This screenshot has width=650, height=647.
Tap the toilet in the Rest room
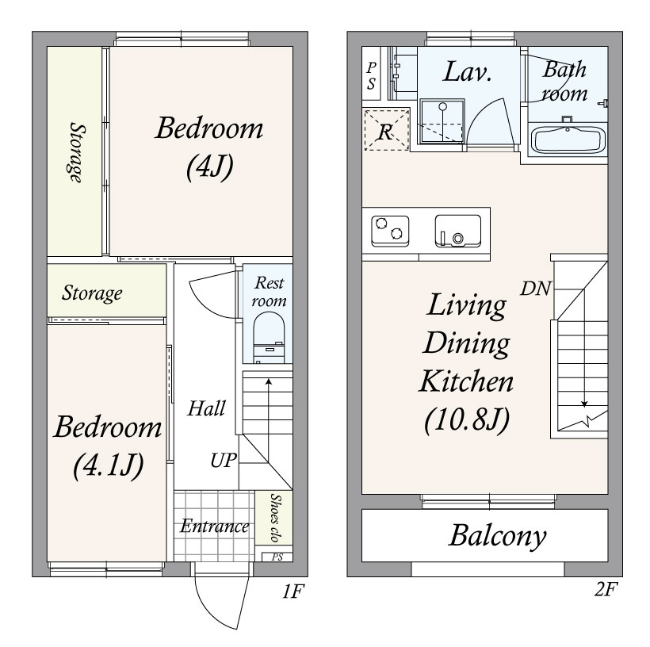coord(269,338)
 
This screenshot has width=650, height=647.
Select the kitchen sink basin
coord(458,231)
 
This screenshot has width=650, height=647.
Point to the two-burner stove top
coord(390,231)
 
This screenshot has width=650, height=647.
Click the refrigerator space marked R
coord(386,130)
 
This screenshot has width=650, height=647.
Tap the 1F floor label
coord(293,591)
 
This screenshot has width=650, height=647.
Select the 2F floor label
coord(606,589)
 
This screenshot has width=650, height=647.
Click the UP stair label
coord(223,461)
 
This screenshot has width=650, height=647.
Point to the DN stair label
coord(536,289)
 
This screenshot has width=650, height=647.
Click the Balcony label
coord(498,536)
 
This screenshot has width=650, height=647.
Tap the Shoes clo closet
coord(274,517)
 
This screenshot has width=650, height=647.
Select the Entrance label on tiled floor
coord(214,526)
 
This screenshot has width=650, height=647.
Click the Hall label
coord(206,408)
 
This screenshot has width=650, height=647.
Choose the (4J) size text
coord(209,167)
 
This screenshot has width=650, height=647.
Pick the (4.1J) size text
coord(108,465)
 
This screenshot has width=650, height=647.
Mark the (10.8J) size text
coord(467,419)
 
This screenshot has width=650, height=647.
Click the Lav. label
coord(467,72)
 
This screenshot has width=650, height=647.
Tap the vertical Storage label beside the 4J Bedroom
coord(77,152)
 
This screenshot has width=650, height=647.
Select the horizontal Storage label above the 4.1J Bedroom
coord(92,293)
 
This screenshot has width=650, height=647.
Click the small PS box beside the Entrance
coord(277,557)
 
